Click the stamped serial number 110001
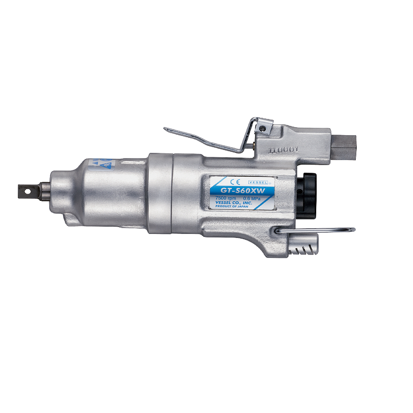pyautogui.click(x=284, y=149)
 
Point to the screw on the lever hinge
pyautogui.click(x=263, y=128)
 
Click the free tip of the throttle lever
pyautogui.click(x=166, y=129)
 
